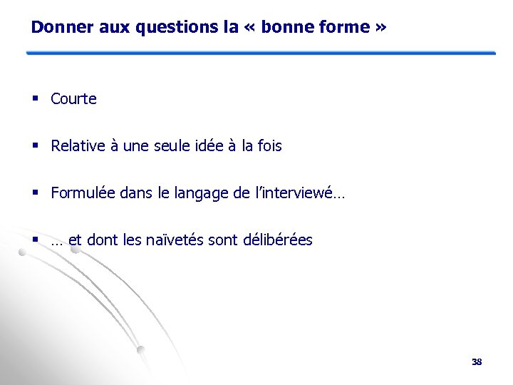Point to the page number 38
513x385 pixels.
point(477,362)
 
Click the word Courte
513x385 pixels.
point(73,99)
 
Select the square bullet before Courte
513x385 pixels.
point(35,99)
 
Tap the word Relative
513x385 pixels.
point(78,146)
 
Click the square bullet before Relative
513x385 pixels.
point(35,146)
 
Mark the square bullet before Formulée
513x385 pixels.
point(35,193)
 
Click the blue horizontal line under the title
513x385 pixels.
point(261,53)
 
